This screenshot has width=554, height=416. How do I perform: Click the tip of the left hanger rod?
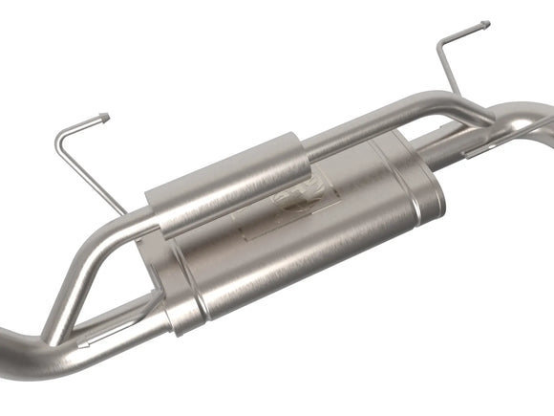point(105,118)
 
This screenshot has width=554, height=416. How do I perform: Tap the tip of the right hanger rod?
point(485,24)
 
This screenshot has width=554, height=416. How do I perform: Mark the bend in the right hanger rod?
point(441,45)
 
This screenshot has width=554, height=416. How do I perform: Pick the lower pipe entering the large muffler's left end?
point(134,311)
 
